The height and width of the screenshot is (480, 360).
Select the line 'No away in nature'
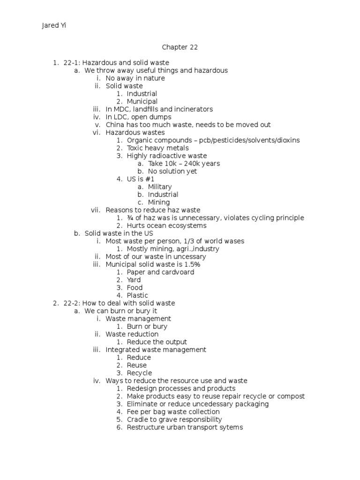(x=135, y=78)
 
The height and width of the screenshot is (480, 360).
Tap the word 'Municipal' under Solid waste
(x=142, y=101)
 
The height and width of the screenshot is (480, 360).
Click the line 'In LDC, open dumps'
(x=138, y=117)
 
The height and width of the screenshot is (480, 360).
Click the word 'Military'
(x=160, y=187)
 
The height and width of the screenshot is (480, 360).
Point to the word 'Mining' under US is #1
(x=159, y=202)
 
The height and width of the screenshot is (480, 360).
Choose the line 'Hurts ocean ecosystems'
(x=166, y=225)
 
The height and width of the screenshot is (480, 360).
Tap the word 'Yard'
(x=134, y=280)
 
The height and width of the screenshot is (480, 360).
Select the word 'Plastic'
(x=137, y=295)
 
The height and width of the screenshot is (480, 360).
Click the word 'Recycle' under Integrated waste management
(x=139, y=373)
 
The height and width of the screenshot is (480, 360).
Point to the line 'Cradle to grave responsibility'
(x=174, y=420)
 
